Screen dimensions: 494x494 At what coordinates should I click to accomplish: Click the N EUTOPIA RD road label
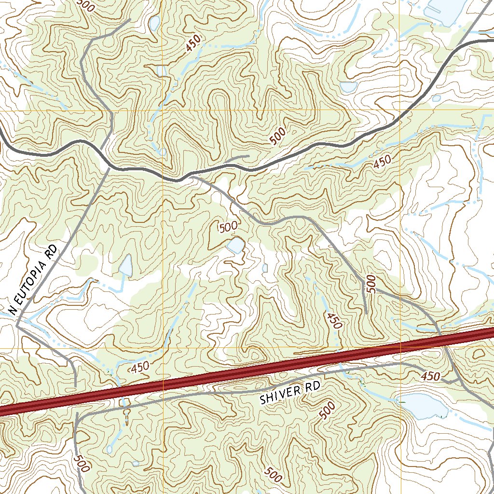(x=33, y=280)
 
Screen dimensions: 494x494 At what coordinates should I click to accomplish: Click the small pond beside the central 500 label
(x=236, y=246)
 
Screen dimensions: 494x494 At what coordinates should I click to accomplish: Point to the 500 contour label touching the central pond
(x=228, y=227)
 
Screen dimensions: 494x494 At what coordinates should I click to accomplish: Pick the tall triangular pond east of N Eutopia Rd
(x=126, y=266)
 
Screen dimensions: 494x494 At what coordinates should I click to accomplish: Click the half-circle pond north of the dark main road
(x=348, y=87)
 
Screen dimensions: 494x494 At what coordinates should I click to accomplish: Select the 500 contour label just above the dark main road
(x=278, y=137)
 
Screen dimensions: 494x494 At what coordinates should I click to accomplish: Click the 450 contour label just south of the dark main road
(x=382, y=162)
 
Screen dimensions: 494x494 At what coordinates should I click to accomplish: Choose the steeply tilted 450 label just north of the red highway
(x=333, y=320)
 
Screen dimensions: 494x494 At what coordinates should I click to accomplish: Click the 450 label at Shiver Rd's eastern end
(x=430, y=376)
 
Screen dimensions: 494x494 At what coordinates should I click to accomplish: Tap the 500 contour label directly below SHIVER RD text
(x=327, y=411)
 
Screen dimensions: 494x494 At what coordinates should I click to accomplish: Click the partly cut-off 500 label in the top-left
(x=86, y=5)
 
